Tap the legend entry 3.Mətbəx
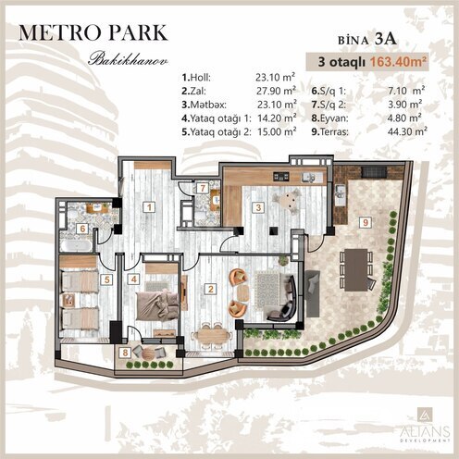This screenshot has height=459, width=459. click(205, 105)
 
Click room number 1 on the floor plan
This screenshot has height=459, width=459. click(148, 206)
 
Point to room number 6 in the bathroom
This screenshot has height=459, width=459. click(81, 229)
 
